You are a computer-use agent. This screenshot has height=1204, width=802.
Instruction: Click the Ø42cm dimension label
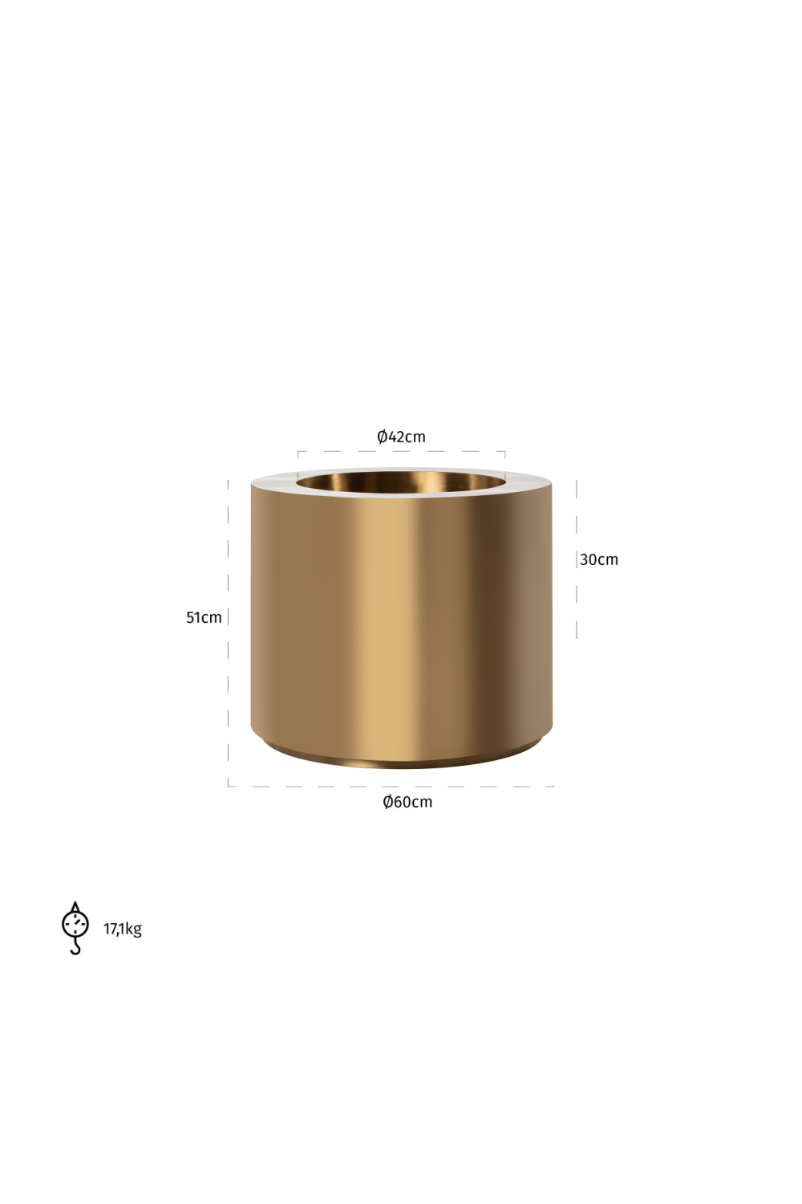(x=401, y=437)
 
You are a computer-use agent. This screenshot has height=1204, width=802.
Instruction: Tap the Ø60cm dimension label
(x=407, y=802)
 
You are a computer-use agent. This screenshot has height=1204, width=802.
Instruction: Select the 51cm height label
(x=204, y=617)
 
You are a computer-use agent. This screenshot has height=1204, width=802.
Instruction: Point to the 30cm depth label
(x=599, y=559)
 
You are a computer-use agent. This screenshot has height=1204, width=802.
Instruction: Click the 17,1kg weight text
(x=123, y=929)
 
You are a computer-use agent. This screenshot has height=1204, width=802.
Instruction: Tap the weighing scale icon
(x=75, y=927)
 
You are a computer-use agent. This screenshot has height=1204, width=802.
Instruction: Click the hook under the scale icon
(x=76, y=948)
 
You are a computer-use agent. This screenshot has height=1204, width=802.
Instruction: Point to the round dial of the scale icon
(x=75, y=923)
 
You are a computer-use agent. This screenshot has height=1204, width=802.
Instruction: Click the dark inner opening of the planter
(x=401, y=482)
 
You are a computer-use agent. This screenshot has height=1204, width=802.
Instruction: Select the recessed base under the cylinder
(x=401, y=759)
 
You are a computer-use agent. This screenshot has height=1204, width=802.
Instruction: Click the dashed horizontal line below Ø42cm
(x=401, y=452)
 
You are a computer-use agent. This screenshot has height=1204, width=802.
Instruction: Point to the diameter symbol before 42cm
(x=383, y=437)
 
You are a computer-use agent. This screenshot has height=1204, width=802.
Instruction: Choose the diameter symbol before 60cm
(x=388, y=802)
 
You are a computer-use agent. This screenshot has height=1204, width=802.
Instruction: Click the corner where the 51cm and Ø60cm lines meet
(x=229, y=786)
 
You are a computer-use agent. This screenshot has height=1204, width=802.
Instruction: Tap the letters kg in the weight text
(x=134, y=929)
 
